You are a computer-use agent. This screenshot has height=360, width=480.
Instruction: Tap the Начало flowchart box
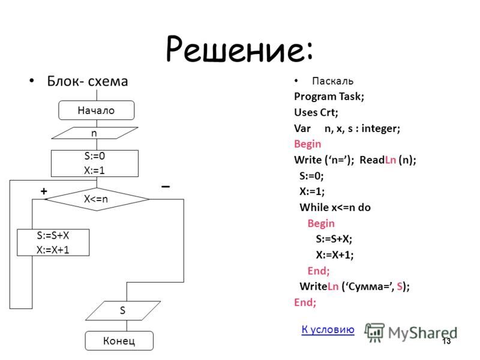(96, 110)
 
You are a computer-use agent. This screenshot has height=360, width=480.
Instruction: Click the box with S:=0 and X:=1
(95, 163)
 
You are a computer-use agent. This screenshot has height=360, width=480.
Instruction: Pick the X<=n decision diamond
(96, 199)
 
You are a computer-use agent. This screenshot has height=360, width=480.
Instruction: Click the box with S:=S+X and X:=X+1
(53, 242)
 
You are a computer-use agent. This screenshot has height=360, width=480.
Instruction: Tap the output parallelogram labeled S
(123, 311)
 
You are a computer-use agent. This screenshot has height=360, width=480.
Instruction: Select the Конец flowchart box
(119, 341)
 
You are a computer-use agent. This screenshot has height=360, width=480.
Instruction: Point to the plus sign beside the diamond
(43, 190)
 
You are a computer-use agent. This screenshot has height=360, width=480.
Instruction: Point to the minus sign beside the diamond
(165, 187)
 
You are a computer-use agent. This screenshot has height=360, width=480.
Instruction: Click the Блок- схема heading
(88, 81)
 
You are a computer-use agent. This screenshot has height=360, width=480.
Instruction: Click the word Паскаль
(333, 81)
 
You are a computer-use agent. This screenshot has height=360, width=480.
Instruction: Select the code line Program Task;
(329, 96)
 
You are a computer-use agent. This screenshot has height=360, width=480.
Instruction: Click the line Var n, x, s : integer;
(347, 128)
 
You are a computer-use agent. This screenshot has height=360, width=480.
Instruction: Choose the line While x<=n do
(335, 208)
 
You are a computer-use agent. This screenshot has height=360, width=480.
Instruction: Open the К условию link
(328, 328)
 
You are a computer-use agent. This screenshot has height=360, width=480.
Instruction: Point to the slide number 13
(446, 341)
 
